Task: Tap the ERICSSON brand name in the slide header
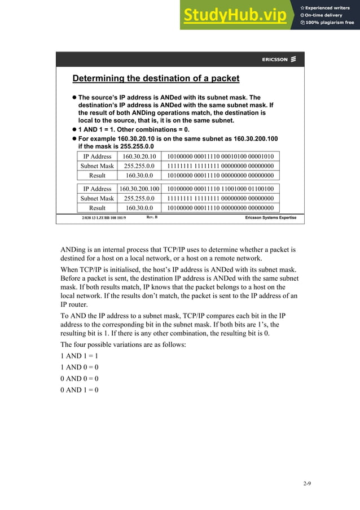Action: click(275, 59)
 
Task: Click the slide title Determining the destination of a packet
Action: click(156, 79)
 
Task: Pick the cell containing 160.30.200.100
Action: click(139, 189)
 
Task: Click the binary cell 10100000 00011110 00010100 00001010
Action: click(221, 156)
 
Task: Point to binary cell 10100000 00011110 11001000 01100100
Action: click(221, 189)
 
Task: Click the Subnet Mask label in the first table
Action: click(97, 166)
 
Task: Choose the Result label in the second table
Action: click(97, 208)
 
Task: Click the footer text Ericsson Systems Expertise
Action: click(270, 217)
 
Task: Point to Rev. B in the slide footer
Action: click(152, 217)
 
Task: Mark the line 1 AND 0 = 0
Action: click(80, 368)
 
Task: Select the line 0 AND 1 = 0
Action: click(80, 390)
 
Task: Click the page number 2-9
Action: click(307, 484)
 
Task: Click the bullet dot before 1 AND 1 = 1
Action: click(73, 129)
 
